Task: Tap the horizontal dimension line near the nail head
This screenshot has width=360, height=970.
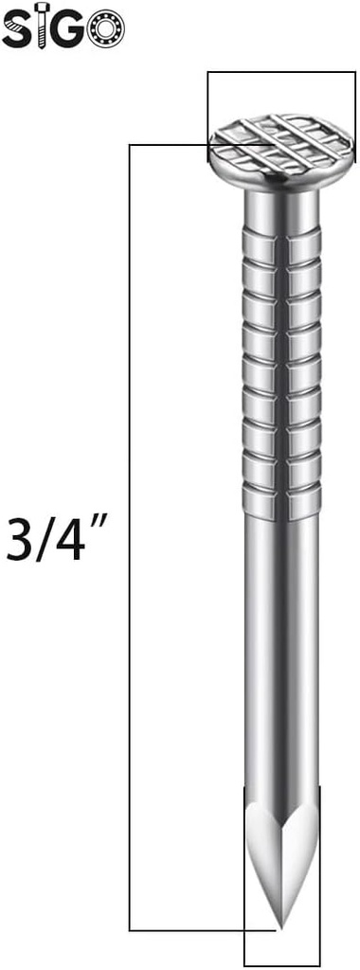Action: tap(166, 145)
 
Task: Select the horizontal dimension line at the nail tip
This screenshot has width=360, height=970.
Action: tap(189, 930)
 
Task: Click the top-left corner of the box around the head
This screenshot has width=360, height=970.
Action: tap(208, 72)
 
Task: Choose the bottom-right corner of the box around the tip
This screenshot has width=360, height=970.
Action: tap(318, 964)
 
